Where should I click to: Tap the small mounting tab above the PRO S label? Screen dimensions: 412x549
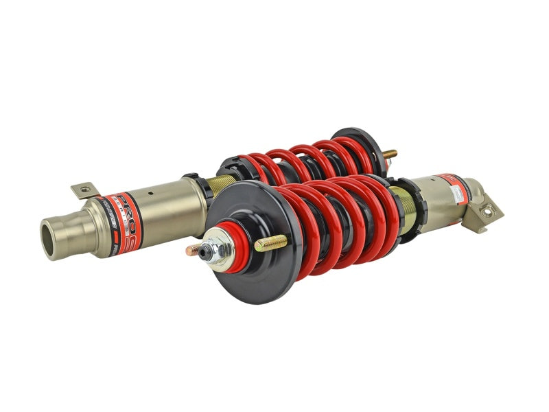pos(83,190)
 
